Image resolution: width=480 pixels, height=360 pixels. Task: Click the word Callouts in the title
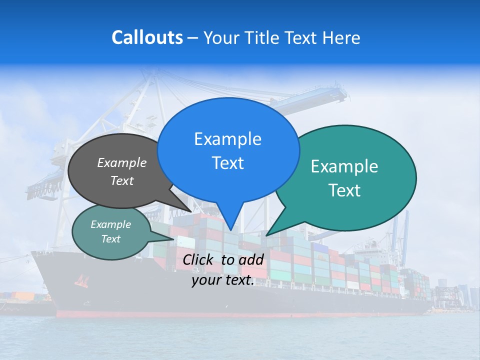147,37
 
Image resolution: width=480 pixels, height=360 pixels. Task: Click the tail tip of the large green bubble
266,235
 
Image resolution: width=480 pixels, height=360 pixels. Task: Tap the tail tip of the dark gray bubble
190,211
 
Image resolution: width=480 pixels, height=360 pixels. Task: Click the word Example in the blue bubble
227,139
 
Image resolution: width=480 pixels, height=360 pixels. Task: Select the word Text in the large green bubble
344,190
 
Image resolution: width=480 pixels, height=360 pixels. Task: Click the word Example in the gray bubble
122,162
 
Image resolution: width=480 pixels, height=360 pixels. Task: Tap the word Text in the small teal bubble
111,239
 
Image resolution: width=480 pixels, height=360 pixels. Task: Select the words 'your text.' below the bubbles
223,280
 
